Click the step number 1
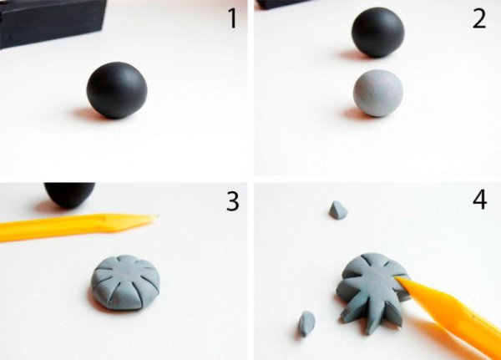[233, 19]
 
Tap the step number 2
[479, 19]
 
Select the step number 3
[233, 201]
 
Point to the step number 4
[479, 200]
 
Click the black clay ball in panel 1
[117, 90]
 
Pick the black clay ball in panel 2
[378, 32]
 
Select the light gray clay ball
[378, 93]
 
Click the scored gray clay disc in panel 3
[125, 282]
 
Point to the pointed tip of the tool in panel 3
[158, 215]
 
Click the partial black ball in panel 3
[69, 195]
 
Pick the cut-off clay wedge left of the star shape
[306, 324]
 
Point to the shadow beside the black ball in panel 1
[83, 114]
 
